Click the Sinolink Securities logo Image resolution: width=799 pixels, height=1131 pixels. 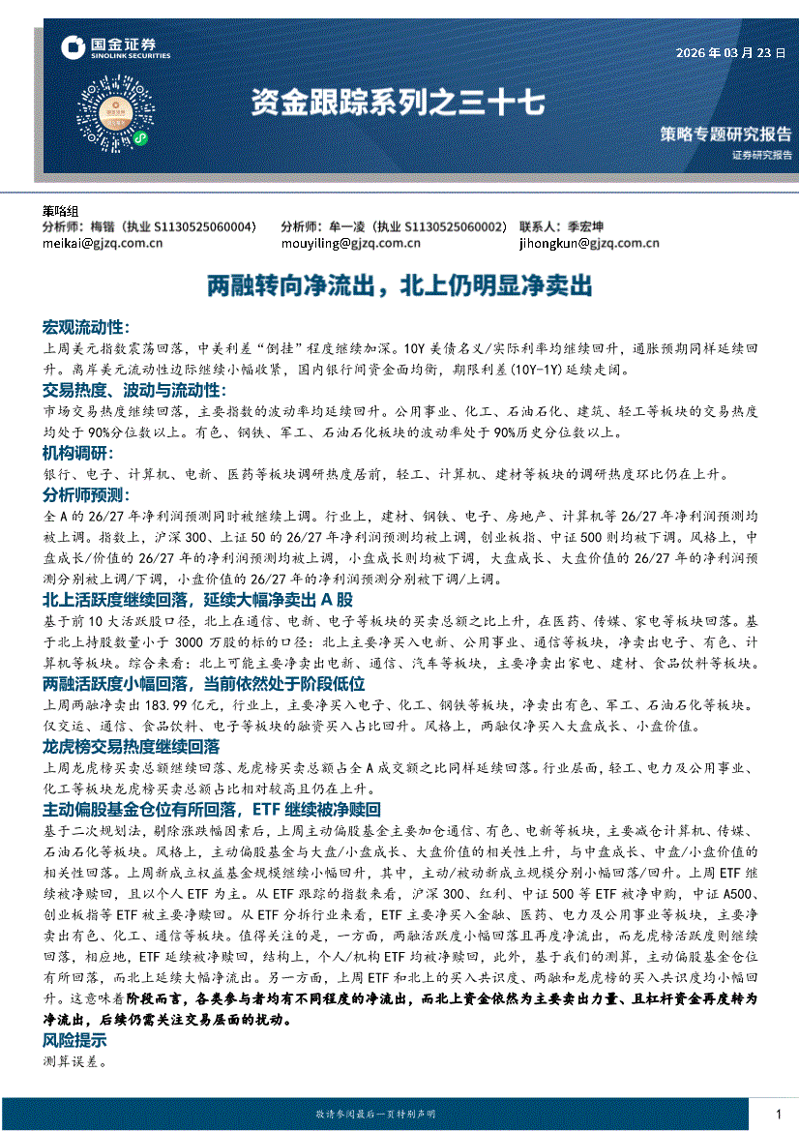pyautogui.click(x=115, y=48)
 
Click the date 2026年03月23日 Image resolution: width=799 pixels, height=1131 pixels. pyautogui.click(x=730, y=53)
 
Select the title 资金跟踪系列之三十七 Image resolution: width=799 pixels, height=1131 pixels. pyautogui.click(x=398, y=103)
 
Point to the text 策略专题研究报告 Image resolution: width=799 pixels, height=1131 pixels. pyautogui.click(x=725, y=134)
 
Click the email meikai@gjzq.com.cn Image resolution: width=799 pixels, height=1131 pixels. pyautogui.click(x=103, y=244)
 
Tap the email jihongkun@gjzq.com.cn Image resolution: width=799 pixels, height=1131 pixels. pyautogui.click(x=589, y=244)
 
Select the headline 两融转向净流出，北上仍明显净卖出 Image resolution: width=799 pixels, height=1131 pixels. pyautogui.click(x=399, y=286)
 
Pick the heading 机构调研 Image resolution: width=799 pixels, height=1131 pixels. pyautogui.click(x=76, y=454)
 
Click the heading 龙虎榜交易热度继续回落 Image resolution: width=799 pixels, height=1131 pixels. pyautogui.click(x=131, y=747)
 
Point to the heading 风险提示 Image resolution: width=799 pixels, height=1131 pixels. pyautogui.click(x=74, y=1041)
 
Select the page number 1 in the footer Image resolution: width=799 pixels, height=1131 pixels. pyautogui.click(x=779, y=1116)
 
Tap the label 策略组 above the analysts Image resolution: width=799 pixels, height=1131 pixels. pyautogui.click(x=61, y=211)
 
